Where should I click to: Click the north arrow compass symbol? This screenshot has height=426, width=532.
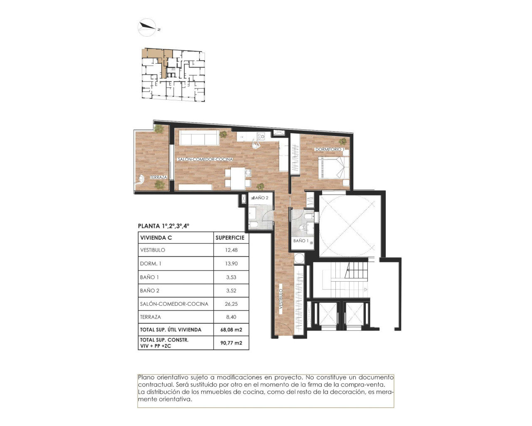point(147,27)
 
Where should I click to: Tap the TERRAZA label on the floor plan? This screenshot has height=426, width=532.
point(158,177)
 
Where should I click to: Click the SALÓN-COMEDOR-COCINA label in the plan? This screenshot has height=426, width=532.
point(205,159)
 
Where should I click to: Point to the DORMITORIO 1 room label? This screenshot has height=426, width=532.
point(329,149)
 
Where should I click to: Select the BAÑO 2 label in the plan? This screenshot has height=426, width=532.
point(261,198)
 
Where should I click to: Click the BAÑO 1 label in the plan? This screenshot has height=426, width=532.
point(301,241)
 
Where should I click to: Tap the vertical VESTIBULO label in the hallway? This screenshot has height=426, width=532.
point(281,301)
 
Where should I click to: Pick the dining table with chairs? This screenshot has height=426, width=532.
point(238,178)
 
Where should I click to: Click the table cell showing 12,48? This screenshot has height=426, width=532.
point(231,250)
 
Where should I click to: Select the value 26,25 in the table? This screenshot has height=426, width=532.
point(231,304)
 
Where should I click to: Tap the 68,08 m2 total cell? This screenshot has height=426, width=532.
point(231,329)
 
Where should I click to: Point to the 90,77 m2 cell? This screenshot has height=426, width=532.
point(231,343)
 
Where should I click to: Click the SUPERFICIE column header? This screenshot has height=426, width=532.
point(230,238)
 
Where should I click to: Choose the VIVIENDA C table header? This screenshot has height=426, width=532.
point(156,238)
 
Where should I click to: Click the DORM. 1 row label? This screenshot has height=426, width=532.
point(150,264)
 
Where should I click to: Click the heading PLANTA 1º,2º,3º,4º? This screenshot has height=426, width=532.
point(163,226)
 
